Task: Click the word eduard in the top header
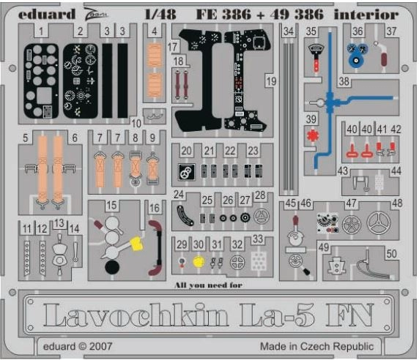[46, 14]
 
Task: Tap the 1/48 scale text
[160, 14]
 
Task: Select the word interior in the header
[366, 14]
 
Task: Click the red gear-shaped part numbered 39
[312, 135]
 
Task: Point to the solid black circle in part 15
[112, 267]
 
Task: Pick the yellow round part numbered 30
[199, 261]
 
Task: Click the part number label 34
[289, 31]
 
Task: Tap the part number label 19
[272, 81]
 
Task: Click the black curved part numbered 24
[185, 216]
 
